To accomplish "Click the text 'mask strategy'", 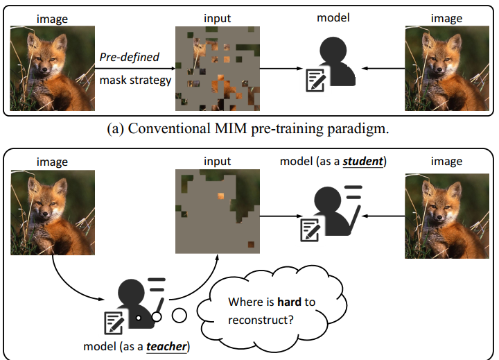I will (135, 80).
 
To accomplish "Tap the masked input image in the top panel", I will (218, 67).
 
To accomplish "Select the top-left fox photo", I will (52, 67).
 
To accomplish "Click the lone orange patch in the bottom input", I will (220, 196).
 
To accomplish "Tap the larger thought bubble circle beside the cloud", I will (180, 316).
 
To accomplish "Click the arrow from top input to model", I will (280, 68).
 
